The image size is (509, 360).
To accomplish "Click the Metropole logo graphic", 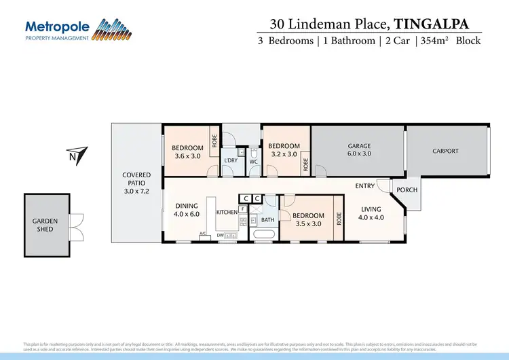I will [x=112, y=29].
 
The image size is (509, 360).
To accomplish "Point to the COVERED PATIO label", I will [x=136, y=179].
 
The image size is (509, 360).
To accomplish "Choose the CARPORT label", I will [x=445, y=151].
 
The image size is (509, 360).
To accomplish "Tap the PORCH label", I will [x=407, y=190].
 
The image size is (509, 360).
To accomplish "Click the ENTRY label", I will [x=364, y=185].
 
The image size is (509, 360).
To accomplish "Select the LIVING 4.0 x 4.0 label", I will [x=371, y=213].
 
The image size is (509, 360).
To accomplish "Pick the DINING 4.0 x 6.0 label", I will [x=187, y=211].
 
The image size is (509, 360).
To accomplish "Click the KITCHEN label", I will [x=227, y=213].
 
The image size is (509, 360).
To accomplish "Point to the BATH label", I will [x=267, y=220].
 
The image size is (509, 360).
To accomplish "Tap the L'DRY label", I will [x=231, y=160].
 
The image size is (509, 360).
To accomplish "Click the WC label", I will [x=253, y=162].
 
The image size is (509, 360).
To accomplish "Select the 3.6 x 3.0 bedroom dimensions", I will [x=187, y=156].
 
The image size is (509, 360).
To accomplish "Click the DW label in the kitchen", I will [x=221, y=235].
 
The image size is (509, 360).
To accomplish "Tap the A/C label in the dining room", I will [x=202, y=234].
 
